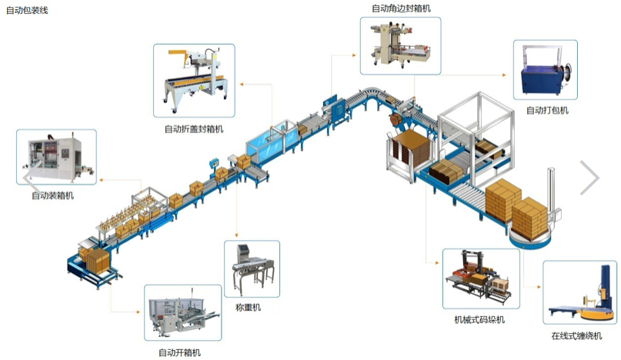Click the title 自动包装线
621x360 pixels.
(x=27, y=11)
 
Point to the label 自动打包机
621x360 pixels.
(x=547, y=111)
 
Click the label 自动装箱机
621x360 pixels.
(x=53, y=195)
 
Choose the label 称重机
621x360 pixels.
(x=248, y=308)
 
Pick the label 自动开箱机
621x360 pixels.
(x=179, y=352)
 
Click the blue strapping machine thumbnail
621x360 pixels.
(x=547, y=72)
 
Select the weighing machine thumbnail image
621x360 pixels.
(x=252, y=271)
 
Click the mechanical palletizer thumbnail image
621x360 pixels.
(x=481, y=278)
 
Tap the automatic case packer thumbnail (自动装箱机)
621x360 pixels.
(x=56, y=157)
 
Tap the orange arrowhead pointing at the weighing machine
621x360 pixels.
(x=237, y=235)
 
